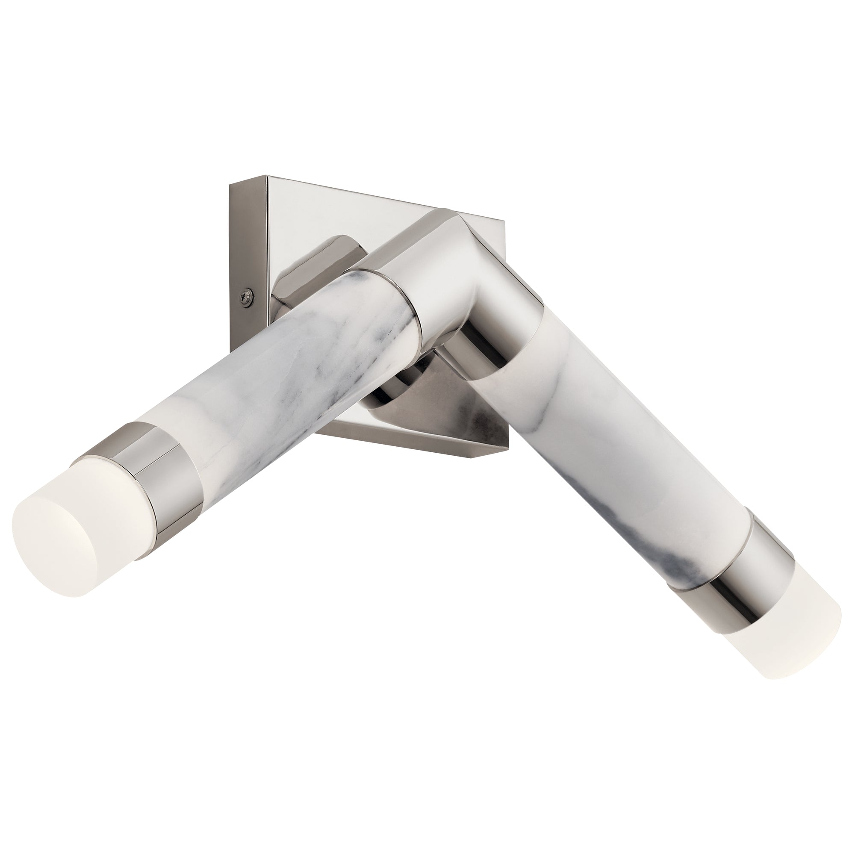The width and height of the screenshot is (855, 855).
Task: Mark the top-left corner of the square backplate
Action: coord(267,177)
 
